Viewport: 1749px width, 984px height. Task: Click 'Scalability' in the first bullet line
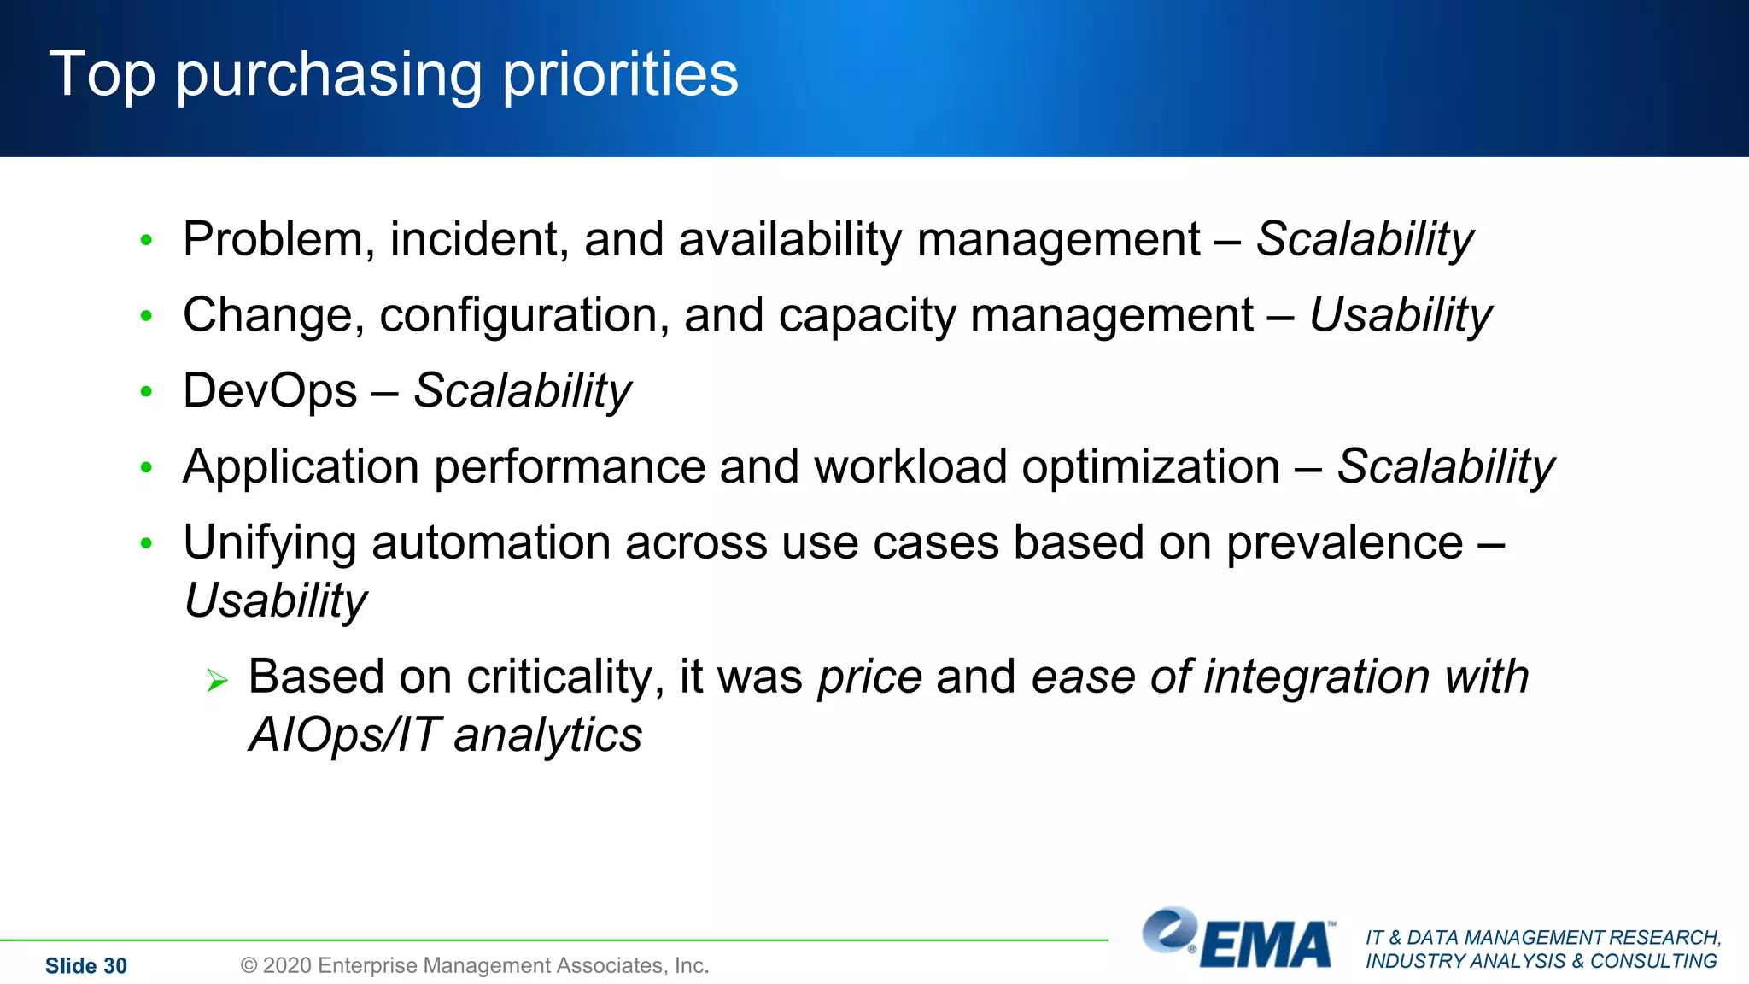(x=1364, y=239)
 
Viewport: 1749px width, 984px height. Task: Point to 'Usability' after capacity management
(x=1401, y=315)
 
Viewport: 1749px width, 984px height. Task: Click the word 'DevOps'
(x=270, y=391)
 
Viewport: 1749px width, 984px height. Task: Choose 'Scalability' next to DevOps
(x=522, y=391)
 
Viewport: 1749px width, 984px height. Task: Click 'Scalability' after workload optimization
(x=1445, y=467)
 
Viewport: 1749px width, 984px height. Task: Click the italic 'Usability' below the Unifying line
(x=275, y=600)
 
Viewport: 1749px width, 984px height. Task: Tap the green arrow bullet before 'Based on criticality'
(x=218, y=681)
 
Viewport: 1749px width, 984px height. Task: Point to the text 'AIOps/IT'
(x=343, y=735)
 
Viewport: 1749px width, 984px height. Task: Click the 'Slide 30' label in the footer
(x=85, y=966)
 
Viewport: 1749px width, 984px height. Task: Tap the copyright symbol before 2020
(x=249, y=965)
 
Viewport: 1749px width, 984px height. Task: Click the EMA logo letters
(x=1266, y=946)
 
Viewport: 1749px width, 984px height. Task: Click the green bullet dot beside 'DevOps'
(x=146, y=392)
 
